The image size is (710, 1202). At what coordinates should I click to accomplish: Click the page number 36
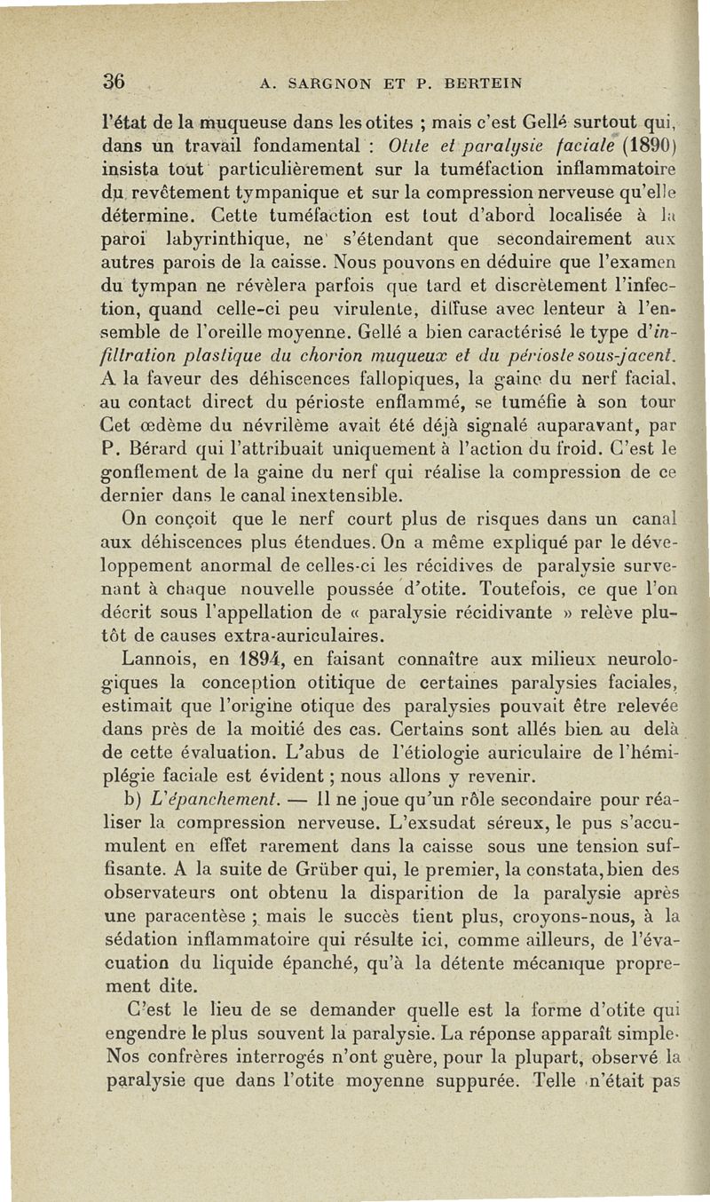(114, 82)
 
